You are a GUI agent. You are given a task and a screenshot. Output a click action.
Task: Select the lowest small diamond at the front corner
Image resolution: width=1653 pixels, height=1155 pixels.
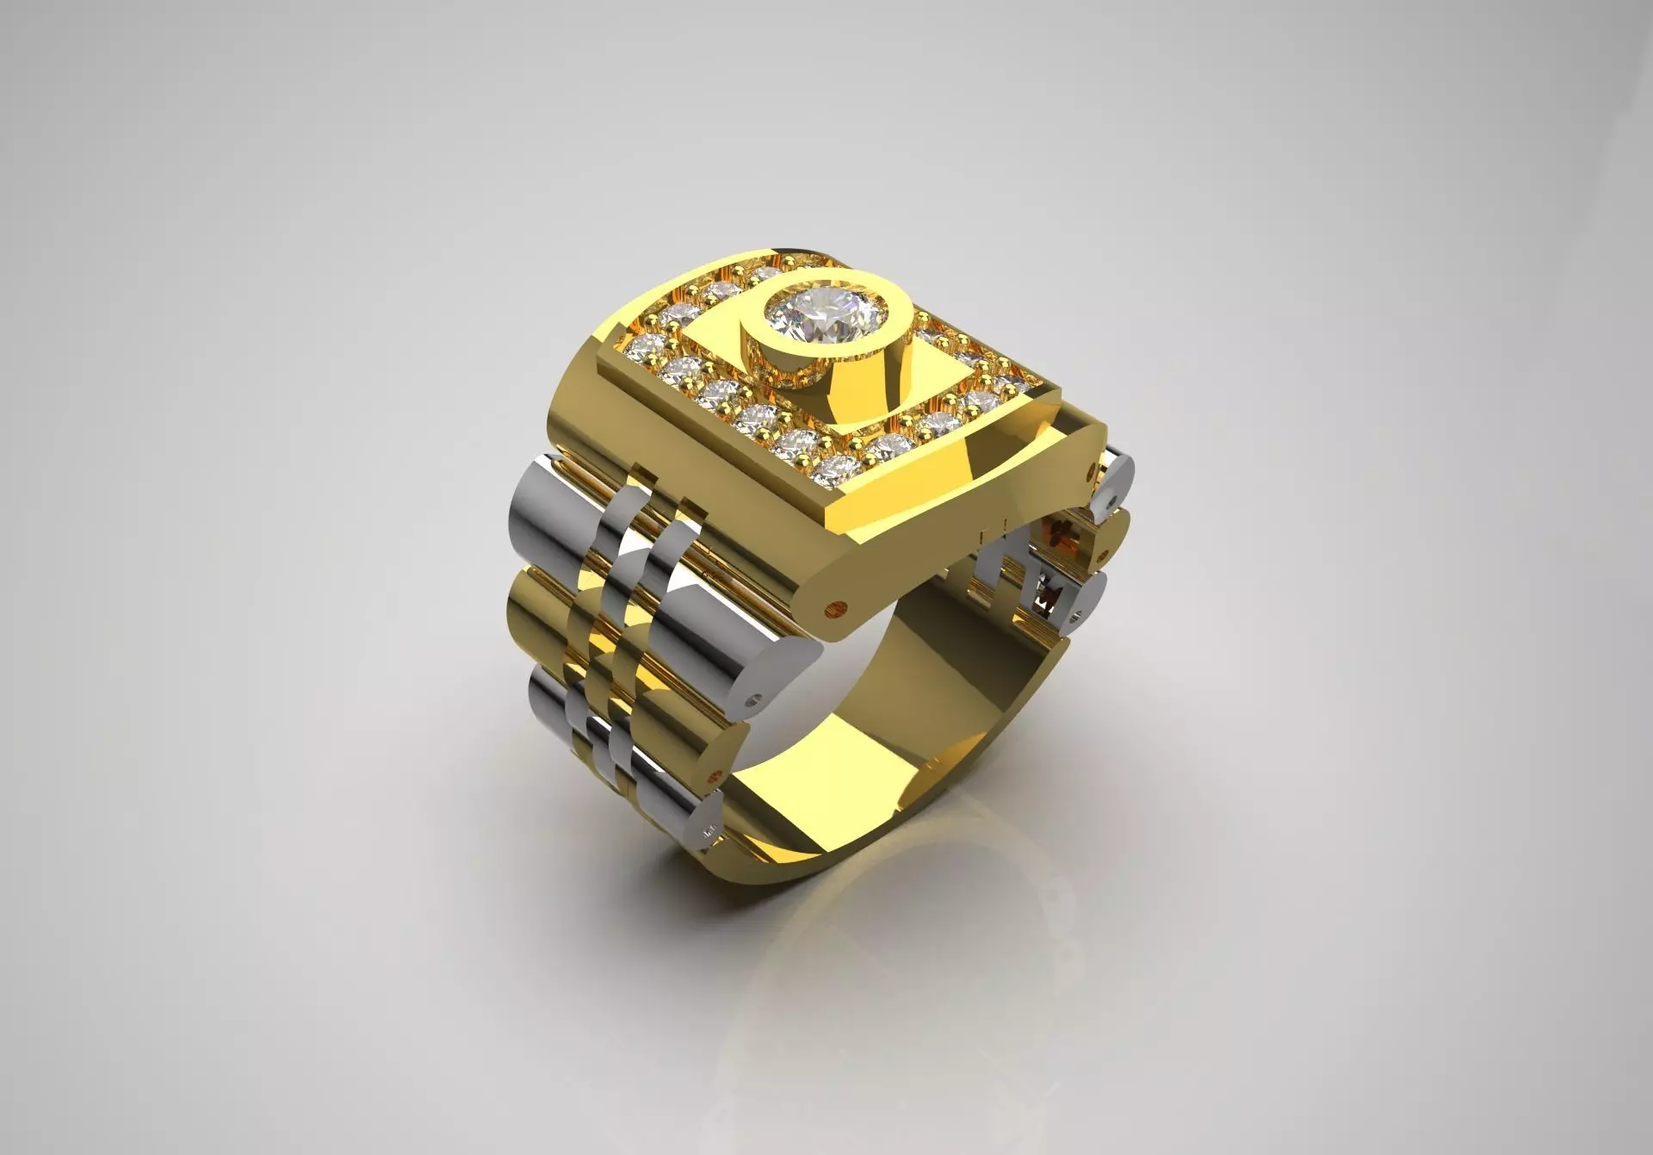coord(831,468)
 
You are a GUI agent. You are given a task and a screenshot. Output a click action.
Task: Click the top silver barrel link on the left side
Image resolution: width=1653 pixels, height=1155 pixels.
coord(560,517)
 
